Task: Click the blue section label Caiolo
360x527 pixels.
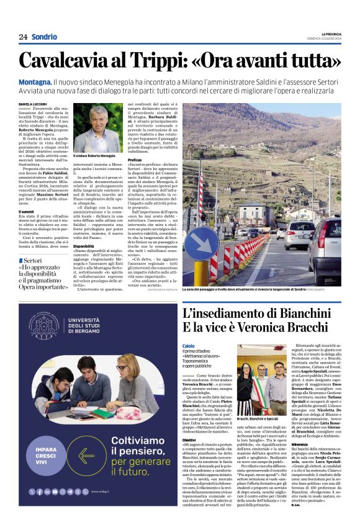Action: coord(189,346)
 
